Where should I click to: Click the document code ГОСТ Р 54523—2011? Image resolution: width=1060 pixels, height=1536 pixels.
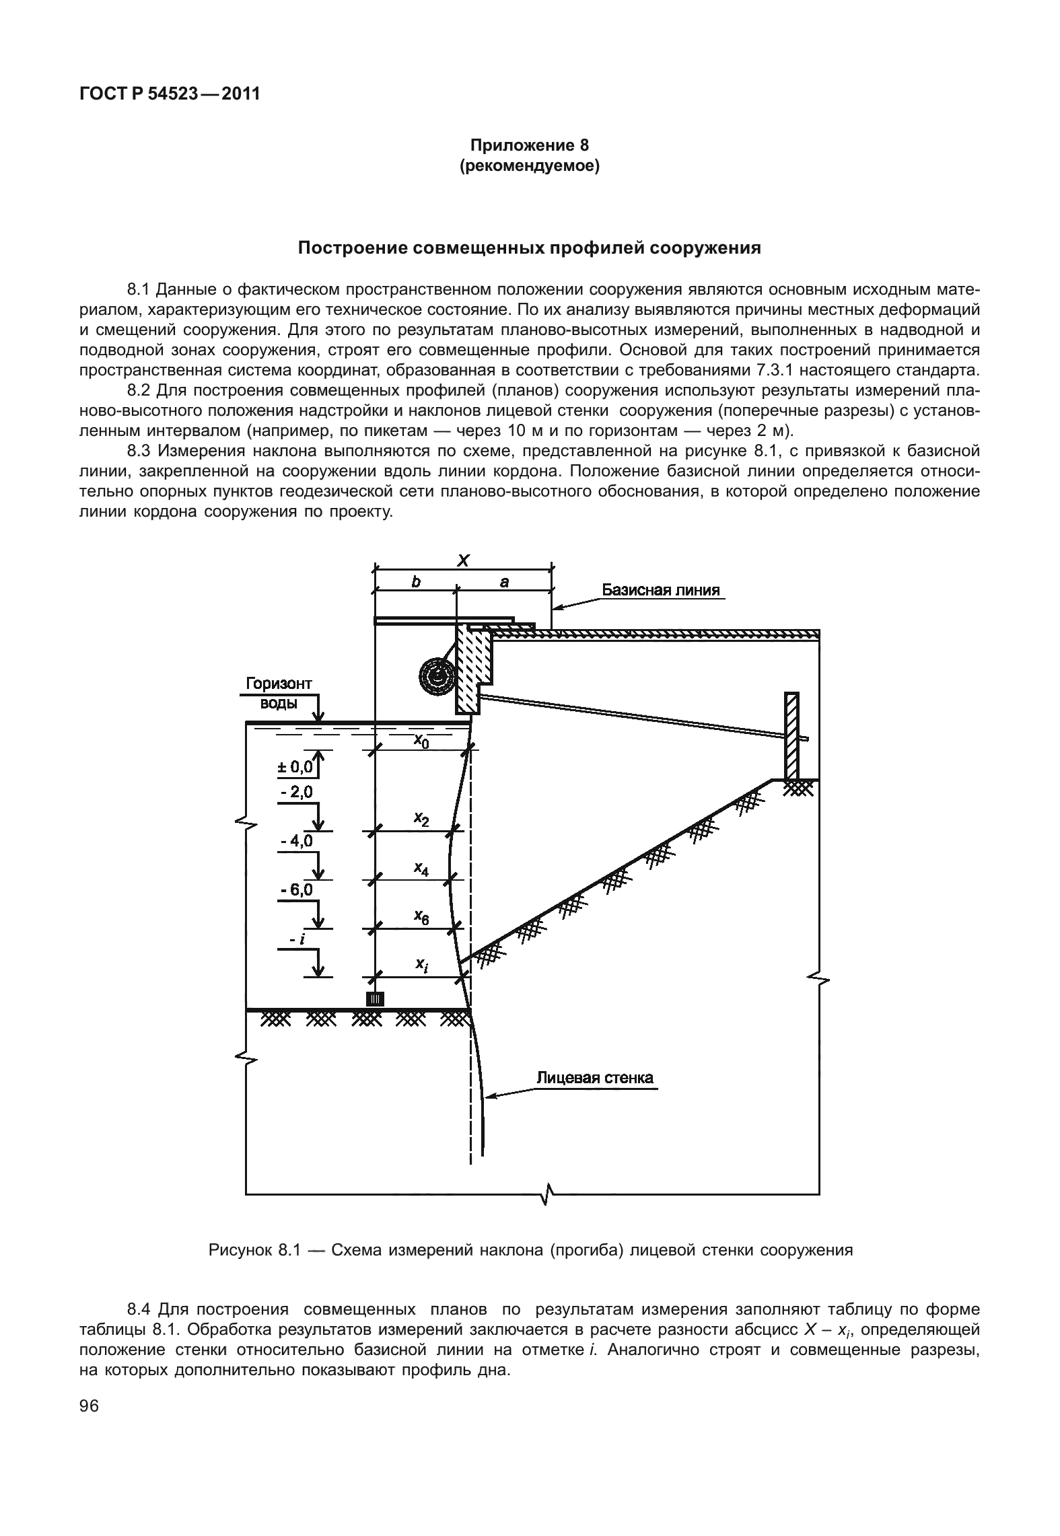coord(170,94)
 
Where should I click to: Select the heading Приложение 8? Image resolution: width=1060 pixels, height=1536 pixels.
coord(529,145)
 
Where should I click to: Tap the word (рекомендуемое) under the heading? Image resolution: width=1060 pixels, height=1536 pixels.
coord(529,165)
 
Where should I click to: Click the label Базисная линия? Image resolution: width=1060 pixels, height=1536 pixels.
coord(660,590)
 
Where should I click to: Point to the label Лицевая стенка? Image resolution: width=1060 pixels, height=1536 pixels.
coord(594,1078)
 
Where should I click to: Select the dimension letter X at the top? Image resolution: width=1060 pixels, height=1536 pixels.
coord(463,560)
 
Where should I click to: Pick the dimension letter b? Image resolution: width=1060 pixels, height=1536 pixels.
coord(416,583)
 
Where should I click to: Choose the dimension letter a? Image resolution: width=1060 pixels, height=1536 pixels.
coord(504,583)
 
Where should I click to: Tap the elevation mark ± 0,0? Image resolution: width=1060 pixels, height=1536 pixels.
coord(295,766)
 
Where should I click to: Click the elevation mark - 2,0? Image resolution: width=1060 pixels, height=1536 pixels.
coord(296,793)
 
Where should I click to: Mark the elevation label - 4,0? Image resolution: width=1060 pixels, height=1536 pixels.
coord(296,841)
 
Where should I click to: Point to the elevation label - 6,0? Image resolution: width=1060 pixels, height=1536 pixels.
coord(296,890)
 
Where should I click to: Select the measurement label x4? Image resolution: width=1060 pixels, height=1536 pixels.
coord(421,869)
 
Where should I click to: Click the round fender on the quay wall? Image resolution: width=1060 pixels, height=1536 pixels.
coord(437,675)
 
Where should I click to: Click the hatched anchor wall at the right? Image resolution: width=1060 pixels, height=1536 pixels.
coord(792,735)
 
